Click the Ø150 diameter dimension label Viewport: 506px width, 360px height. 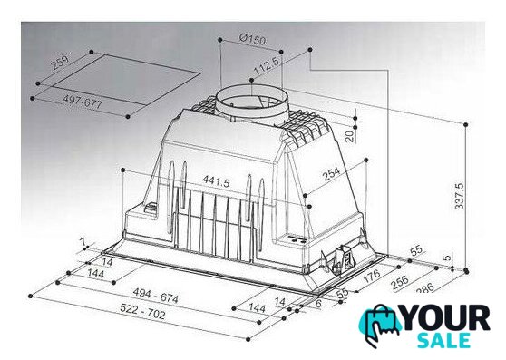pos(253,39)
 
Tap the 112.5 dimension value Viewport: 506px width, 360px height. pos(267,66)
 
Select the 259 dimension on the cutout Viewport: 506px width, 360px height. pos(61,63)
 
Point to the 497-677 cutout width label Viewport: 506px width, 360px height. pos(83,102)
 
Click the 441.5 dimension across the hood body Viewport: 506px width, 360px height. pos(216,181)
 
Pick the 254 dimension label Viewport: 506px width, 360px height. pos(331,174)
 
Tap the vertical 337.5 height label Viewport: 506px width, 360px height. pos(459,196)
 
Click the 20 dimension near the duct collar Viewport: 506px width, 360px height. pos(350,137)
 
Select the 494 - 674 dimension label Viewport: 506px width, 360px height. pos(156,296)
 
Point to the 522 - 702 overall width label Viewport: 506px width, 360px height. pos(142,312)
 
